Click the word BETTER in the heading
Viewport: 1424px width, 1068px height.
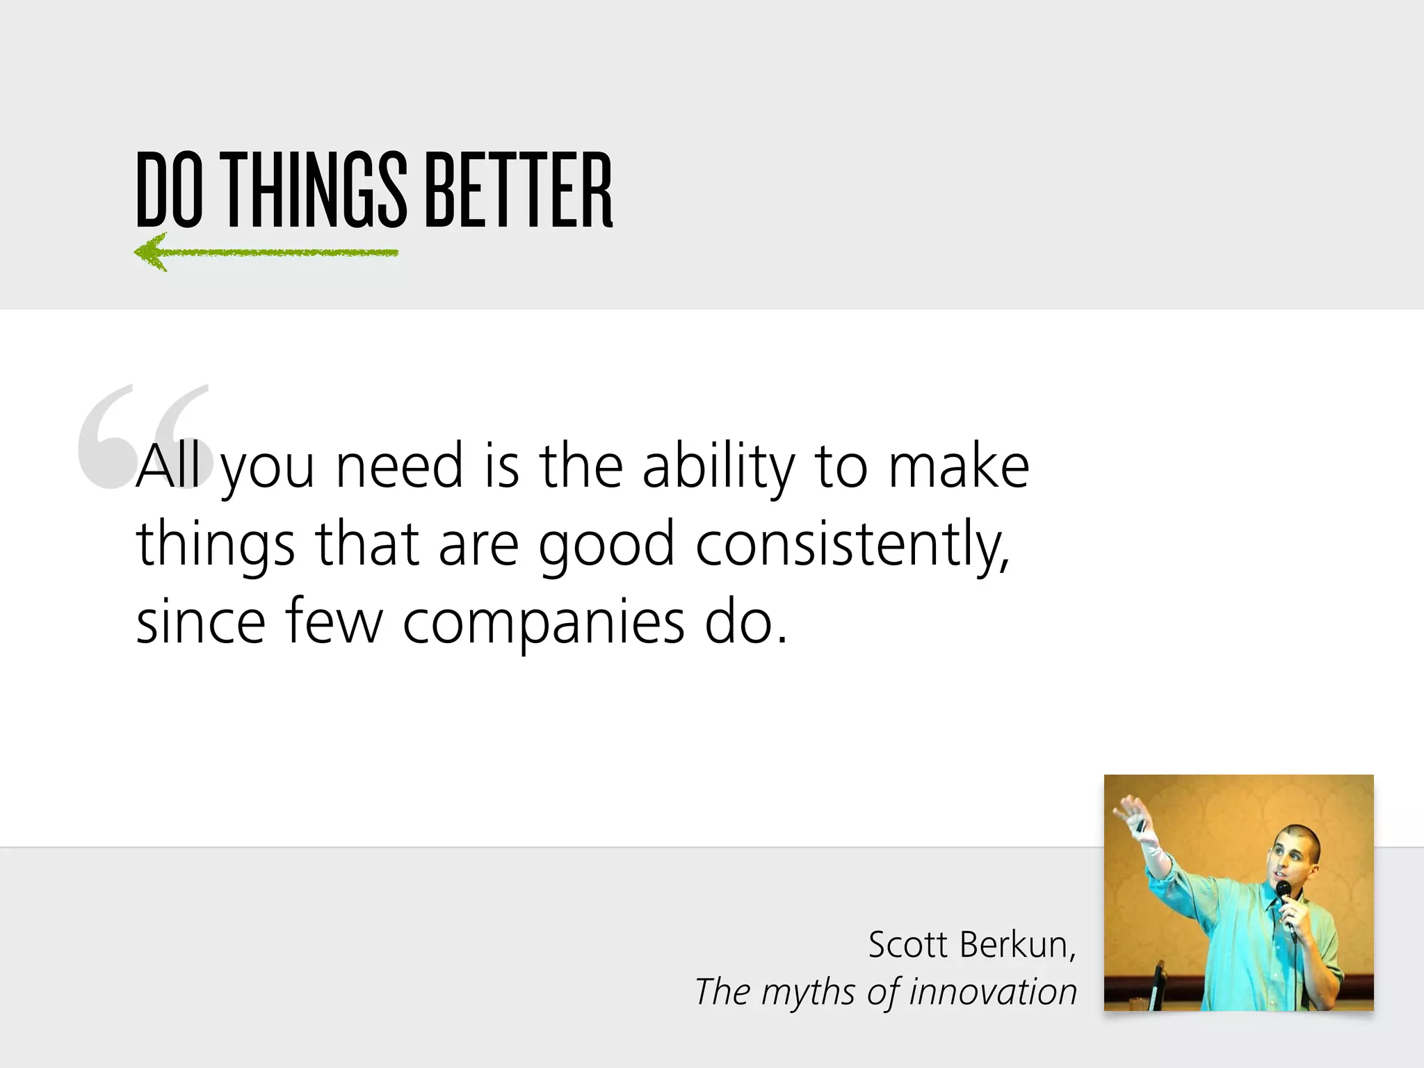(518, 191)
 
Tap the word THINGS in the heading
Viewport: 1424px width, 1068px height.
(316, 191)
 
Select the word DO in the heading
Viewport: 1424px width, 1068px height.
(169, 191)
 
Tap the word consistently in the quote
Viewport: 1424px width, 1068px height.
(852, 544)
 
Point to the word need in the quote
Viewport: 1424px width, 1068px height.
(399, 467)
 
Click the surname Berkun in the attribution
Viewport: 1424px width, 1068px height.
(1018, 945)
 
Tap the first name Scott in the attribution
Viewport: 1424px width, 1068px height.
(908, 945)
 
